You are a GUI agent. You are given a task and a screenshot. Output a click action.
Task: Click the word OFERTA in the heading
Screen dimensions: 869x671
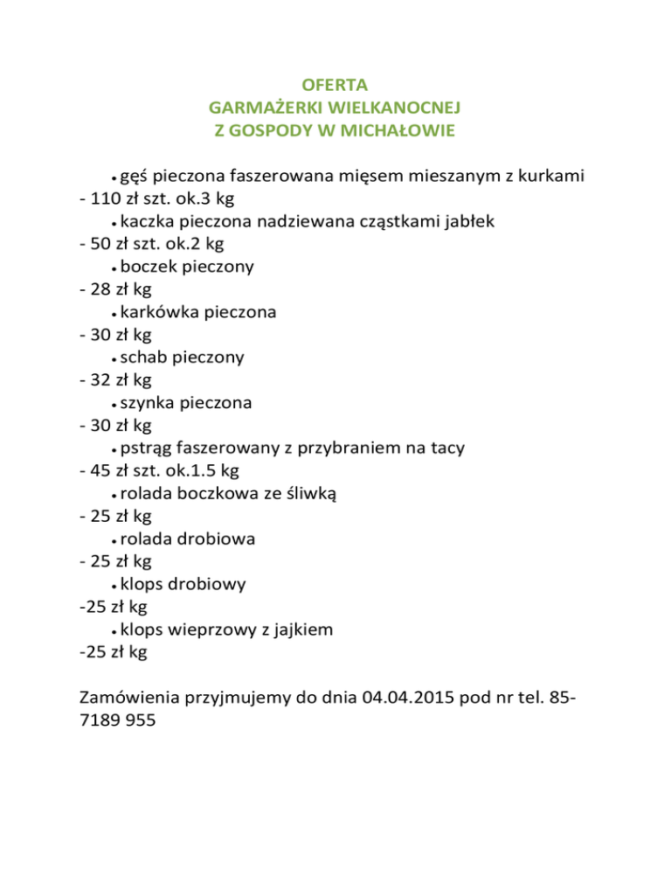[334, 86]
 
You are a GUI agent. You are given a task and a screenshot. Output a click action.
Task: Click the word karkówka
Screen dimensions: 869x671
[161, 312]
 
